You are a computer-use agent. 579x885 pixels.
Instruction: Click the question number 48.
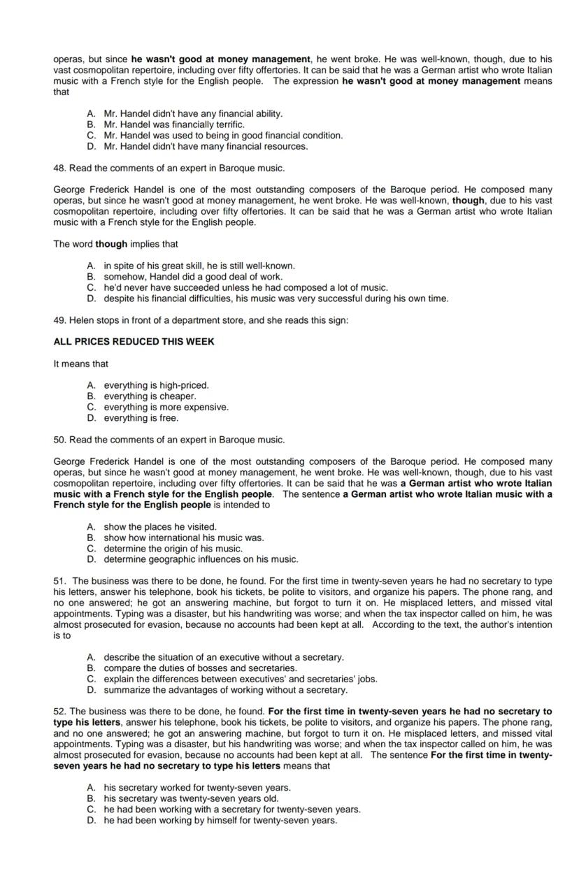click(59, 168)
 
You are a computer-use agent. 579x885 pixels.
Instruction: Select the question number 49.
click(59, 320)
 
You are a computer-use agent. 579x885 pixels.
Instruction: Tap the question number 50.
click(59, 440)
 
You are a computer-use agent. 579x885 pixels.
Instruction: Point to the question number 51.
click(60, 581)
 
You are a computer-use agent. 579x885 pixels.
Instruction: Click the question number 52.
click(60, 712)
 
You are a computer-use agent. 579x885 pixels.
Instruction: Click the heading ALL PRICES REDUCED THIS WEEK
click(134, 342)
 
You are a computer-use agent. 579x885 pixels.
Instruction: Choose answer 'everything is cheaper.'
click(150, 396)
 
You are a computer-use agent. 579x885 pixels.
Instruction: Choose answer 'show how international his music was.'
click(183, 538)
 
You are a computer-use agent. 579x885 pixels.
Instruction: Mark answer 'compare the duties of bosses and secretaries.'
click(200, 668)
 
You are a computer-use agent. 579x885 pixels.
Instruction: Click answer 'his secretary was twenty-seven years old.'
click(191, 798)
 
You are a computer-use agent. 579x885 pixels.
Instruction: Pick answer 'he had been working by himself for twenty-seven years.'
click(220, 820)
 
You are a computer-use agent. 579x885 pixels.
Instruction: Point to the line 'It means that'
click(80, 364)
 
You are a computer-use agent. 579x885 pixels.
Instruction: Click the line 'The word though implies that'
click(115, 244)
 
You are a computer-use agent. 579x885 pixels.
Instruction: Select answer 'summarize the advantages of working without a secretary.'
click(225, 690)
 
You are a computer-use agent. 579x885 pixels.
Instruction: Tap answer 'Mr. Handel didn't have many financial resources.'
click(206, 146)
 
